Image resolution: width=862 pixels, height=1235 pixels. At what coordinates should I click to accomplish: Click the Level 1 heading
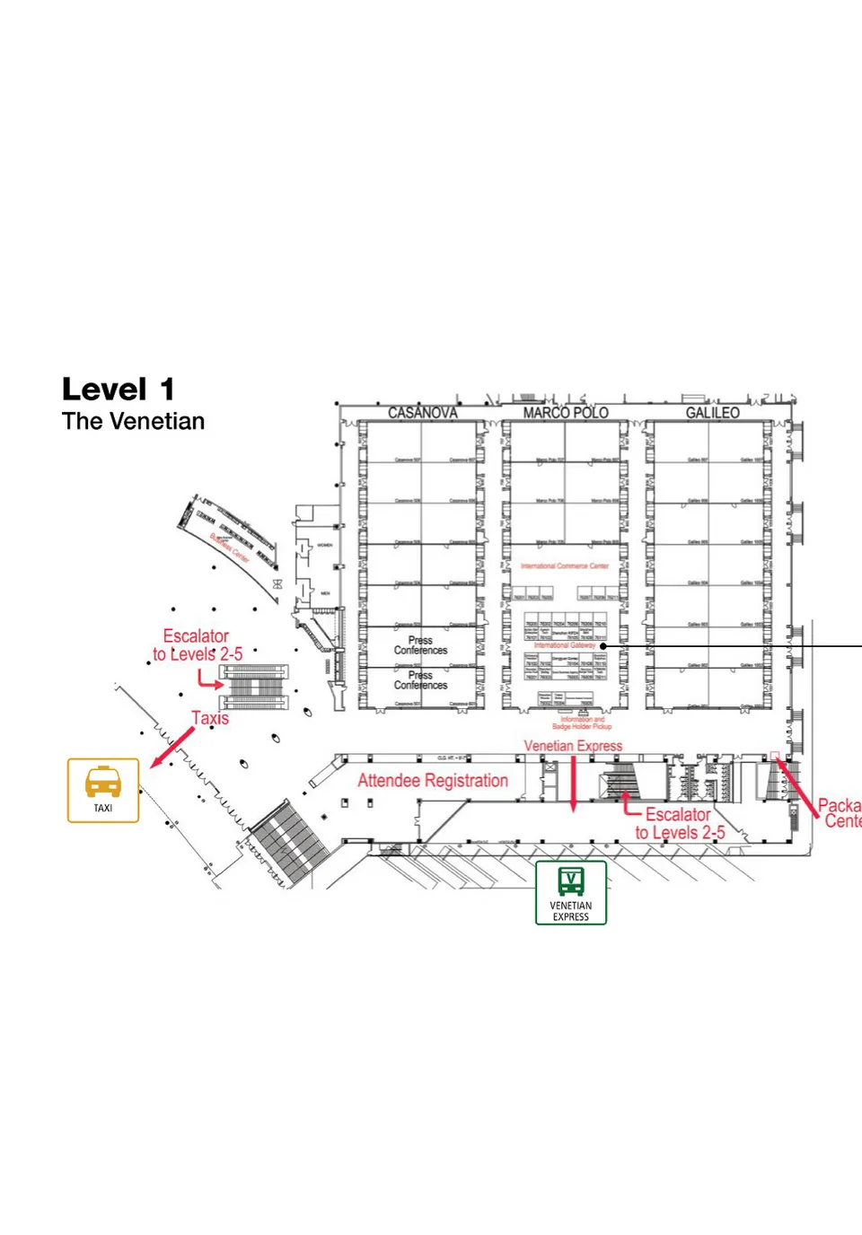click(x=118, y=390)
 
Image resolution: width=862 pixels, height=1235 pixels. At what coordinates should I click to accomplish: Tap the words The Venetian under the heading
click(x=133, y=421)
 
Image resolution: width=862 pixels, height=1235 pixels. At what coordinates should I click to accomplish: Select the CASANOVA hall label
click(x=422, y=413)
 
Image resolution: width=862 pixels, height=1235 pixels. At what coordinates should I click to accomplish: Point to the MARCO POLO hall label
click(x=566, y=413)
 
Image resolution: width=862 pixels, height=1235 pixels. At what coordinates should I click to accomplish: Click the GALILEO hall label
click(x=712, y=413)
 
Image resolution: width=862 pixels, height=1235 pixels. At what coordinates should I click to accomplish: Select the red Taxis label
click(x=210, y=718)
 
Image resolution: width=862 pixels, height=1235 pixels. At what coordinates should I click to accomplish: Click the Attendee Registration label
click(x=433, y=781)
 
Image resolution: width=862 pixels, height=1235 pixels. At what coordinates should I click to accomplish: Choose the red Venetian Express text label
click(x=573, y=746)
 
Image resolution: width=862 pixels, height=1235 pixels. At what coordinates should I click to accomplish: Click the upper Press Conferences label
click(x=420, y=645)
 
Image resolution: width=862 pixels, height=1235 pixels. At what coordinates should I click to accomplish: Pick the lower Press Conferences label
click(x=420, y=680)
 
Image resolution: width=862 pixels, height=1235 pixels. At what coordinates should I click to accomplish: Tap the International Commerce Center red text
click(x=565, y=566)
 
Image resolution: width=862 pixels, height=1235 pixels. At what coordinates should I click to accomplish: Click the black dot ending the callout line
click(x=603, y=645)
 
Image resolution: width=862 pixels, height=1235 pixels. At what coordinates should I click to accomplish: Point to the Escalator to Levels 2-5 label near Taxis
click(x=197, y=645)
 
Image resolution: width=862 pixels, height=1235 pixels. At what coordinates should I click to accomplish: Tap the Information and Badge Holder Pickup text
click(x=582, y=723)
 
